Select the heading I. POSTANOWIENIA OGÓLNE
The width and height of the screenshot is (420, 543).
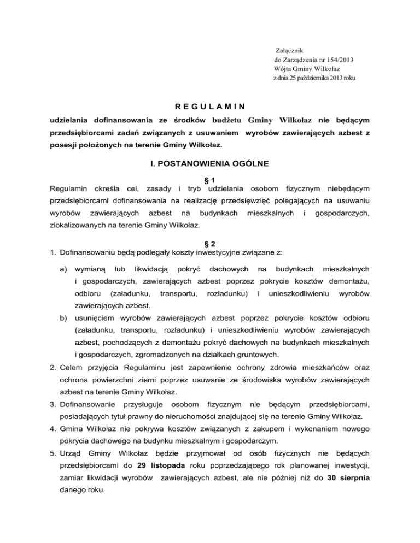click(210, 163)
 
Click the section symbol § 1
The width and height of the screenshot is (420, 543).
click(209, 181)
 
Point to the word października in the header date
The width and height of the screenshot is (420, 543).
click(321, 78)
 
